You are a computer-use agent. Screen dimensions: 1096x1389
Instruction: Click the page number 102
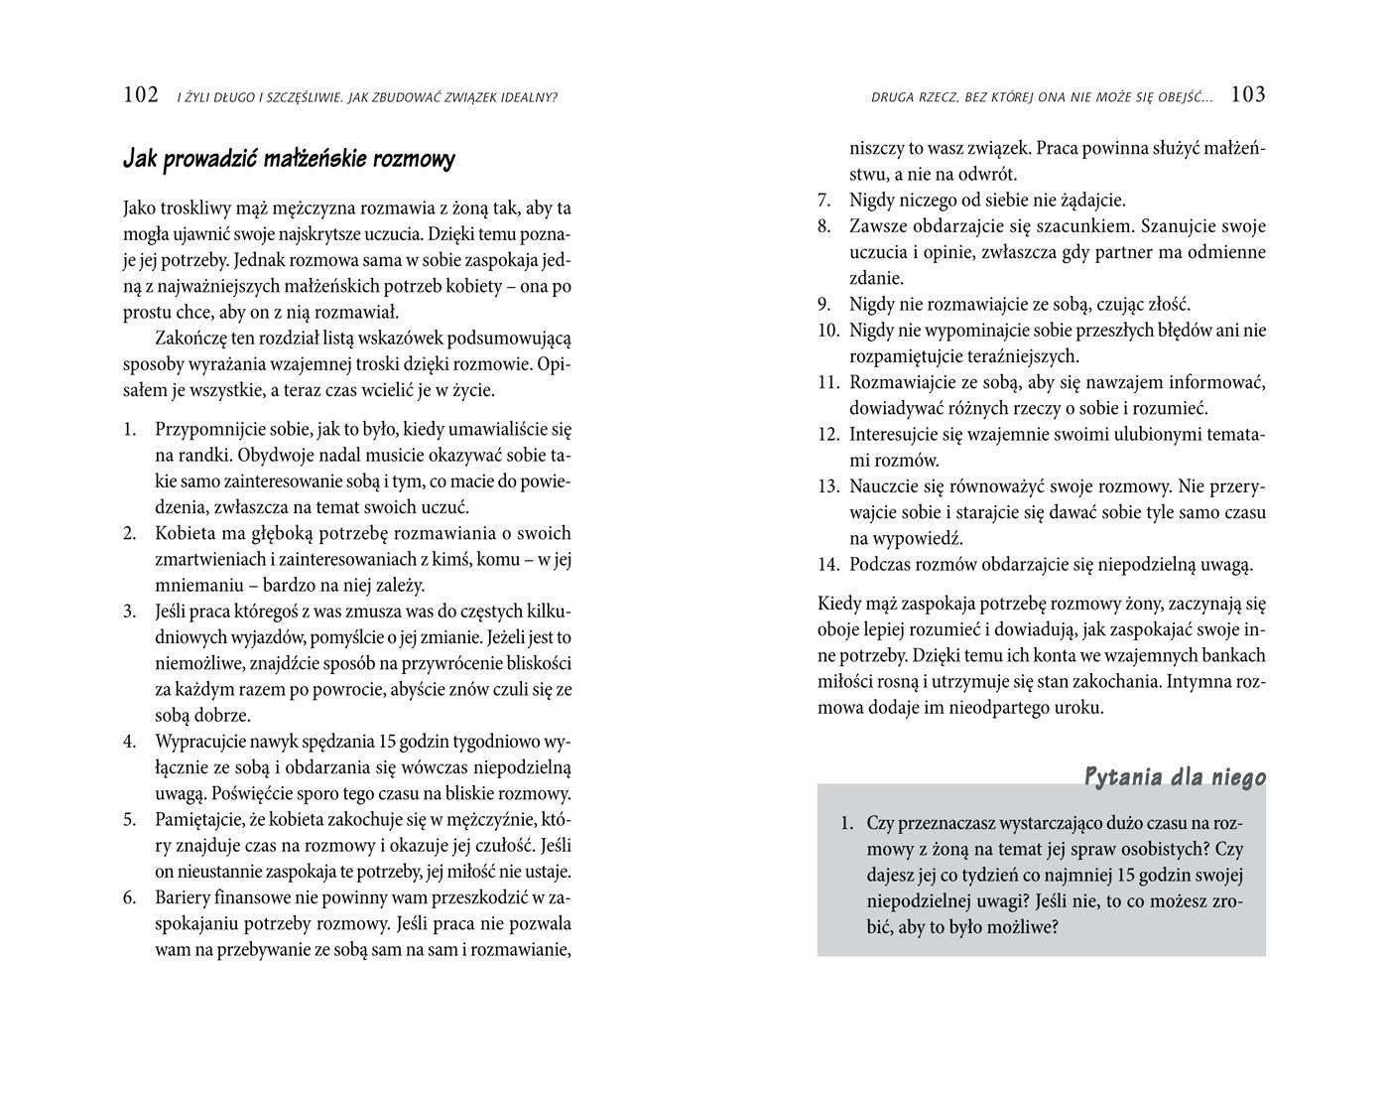coord(141,95)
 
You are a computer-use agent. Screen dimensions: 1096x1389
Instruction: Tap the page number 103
coord(1247,95)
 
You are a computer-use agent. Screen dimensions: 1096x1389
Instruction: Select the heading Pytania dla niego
coord(1175,776)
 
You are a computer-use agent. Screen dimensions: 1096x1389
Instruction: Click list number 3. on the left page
coord(130,611)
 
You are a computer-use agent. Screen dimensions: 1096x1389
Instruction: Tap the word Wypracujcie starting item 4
coord(202,742)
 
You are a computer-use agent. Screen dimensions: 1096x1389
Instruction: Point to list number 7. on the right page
coord(824,201)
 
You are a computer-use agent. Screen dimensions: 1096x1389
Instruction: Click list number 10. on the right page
coord(828,331)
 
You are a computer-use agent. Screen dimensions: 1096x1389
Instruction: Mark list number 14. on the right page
coord(828,565)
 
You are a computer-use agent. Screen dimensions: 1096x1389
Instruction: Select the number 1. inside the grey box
coord(846,823)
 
